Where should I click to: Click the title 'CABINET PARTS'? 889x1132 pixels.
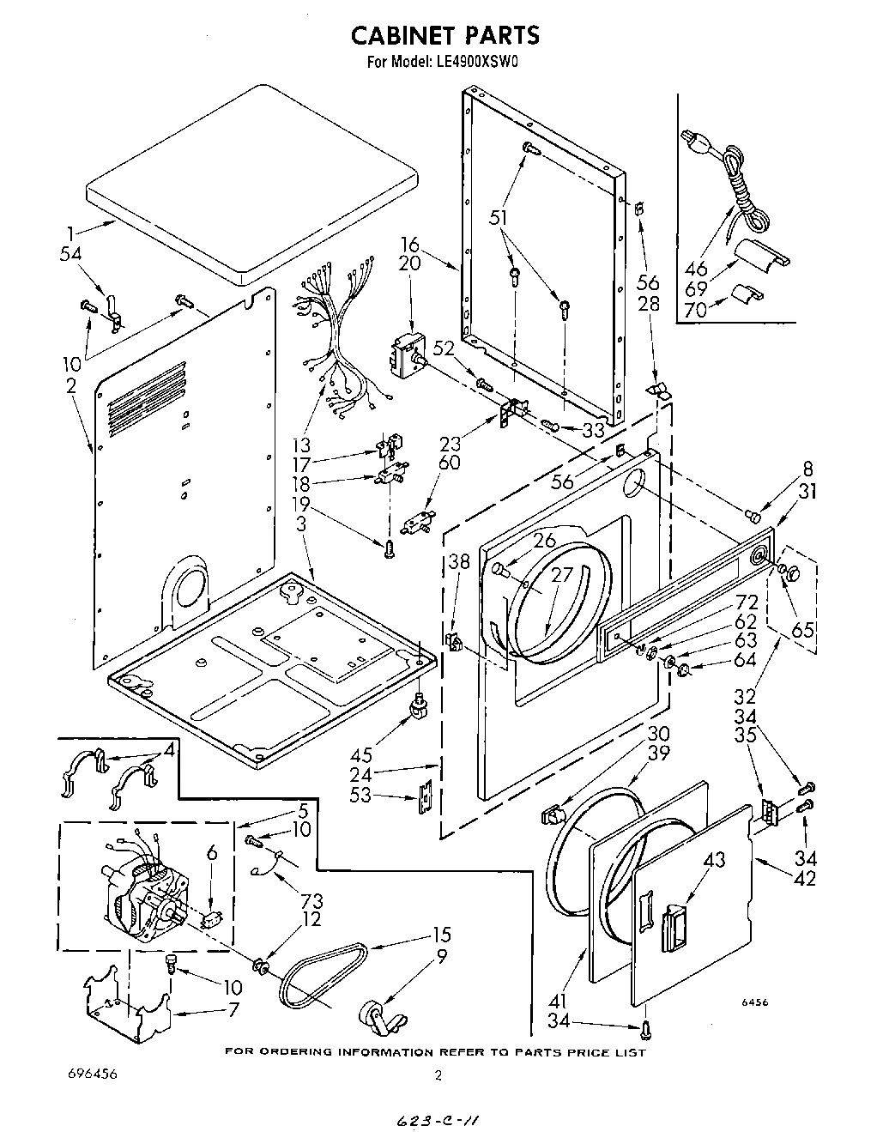point(444,35)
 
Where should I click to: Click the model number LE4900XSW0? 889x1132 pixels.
point(470,62)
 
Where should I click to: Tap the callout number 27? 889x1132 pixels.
point(561,576)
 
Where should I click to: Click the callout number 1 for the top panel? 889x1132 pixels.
point(73,231)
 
